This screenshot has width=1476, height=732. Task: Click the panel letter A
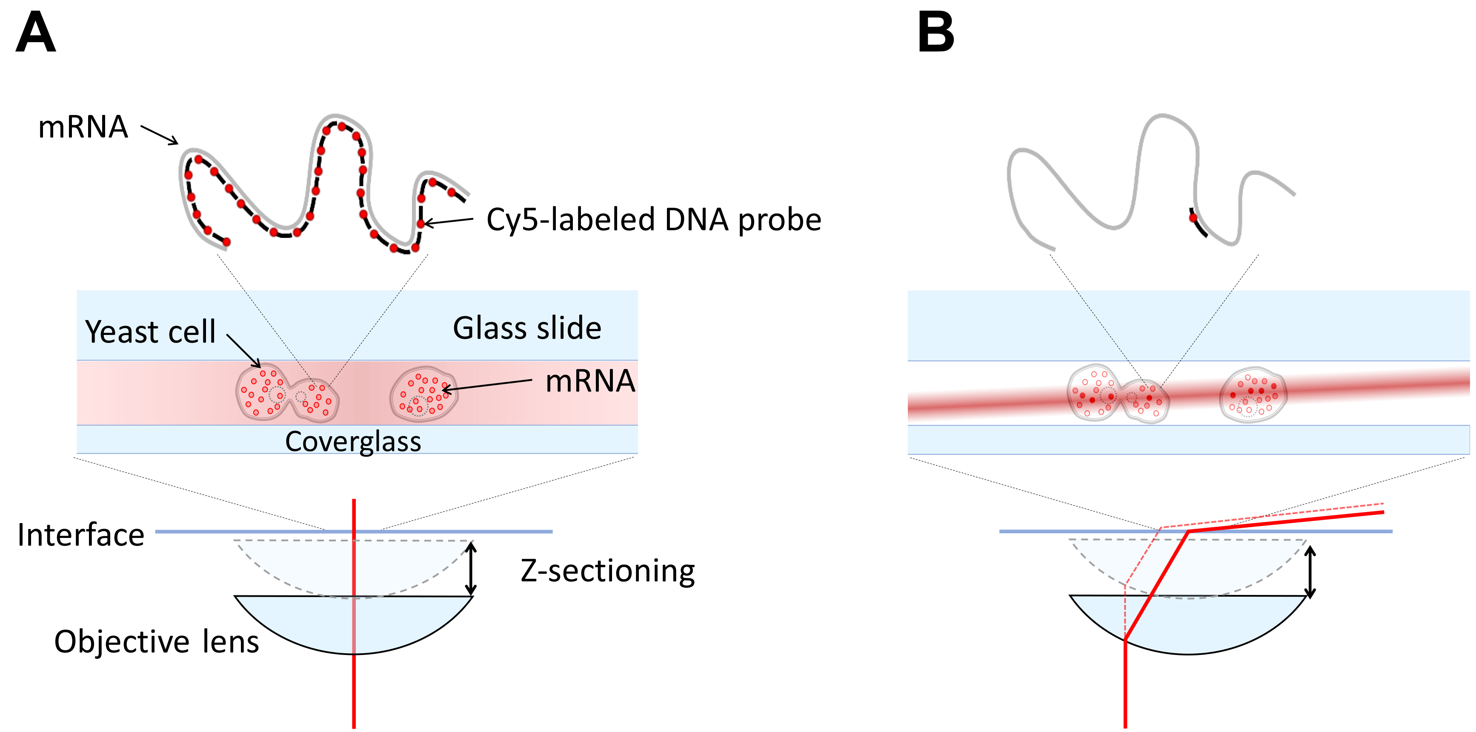[35, 33]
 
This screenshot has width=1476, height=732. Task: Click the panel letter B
[935, 33]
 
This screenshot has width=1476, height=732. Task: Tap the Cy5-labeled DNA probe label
[654, 220]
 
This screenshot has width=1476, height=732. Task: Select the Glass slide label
[527, 328]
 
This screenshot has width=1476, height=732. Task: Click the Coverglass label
[353, 442]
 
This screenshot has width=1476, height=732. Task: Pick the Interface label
[81, 535]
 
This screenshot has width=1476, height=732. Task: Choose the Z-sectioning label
[607, 571]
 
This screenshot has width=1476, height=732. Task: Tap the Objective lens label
[157, 641]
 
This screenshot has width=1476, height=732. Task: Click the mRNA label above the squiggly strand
[83, 127]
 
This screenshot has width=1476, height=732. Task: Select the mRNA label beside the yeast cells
[590, 381]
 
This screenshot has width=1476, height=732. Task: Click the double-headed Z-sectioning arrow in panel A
[470, 569]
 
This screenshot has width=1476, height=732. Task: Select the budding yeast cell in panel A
[287, 392]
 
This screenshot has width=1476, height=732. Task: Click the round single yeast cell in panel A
[423, 394]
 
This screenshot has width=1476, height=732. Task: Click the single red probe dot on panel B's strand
[1193, 217]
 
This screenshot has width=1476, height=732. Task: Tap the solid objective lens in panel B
[1188, 624]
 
